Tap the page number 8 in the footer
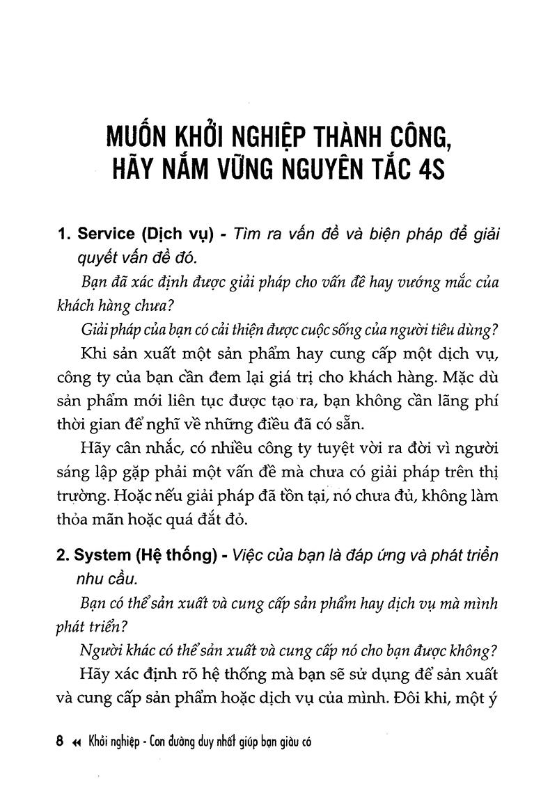click(58, 742)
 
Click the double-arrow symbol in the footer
click(77, 742)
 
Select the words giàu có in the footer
click(289, 742)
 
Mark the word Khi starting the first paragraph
click(95, 355)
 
